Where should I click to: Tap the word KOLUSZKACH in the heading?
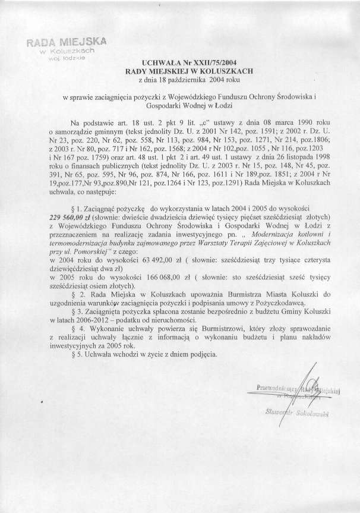coord(211,70)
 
